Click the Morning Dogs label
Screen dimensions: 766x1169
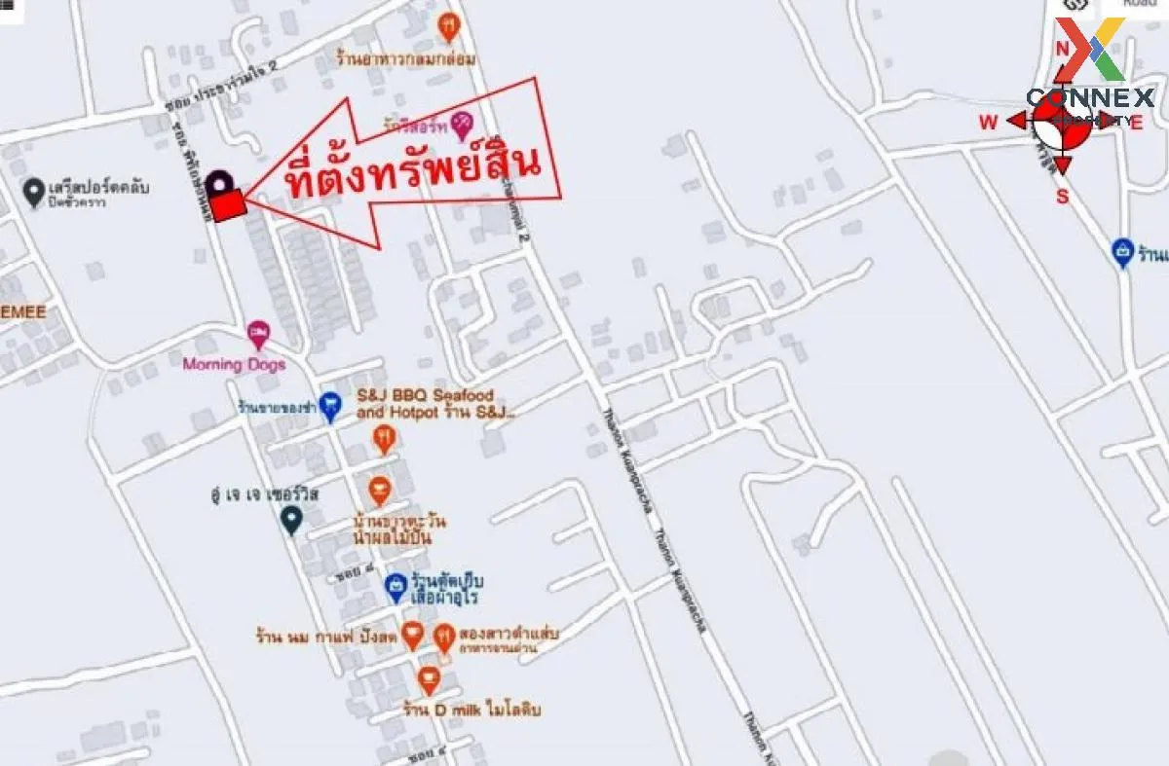pyautogui.click(x=234, y=364)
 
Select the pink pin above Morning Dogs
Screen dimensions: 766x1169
pyautogui.click(x=258, y=336)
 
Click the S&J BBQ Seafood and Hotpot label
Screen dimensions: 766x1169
pyautogui.click(x=426, y=404)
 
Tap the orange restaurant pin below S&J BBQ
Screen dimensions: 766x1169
pyautogui.click(x=386, y=440)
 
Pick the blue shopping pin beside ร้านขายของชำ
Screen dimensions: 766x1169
pyautogui.click(x=330, y=407)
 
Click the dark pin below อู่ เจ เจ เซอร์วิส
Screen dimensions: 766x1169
pyautogui.click(x=290, y=521)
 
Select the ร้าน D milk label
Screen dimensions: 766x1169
pyautogui.click(x=472, y=710)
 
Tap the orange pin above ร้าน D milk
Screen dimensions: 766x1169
pyautogui.click(x=429, y=680)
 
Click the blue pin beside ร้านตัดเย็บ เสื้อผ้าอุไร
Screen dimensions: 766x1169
pyautogui.click(x=395, y=587)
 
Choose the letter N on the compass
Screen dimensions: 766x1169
pyautogui.click(x=1063, y=49)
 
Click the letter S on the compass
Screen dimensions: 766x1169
pyautogui.click(x=1063, y=197)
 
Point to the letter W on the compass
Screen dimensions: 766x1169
pyautogui.click(x=988, y=122)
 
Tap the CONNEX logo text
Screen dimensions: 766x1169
pyautogui.click(x=1090, y=97)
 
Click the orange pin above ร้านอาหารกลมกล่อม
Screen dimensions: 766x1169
pyautogui.click(x=448, y=26)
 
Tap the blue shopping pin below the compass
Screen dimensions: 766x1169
pyautogui.click(x=1122, y=253)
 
